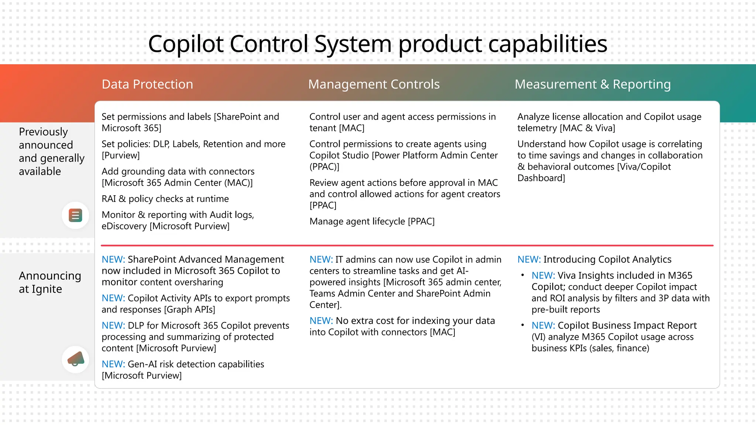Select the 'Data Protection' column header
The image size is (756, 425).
click(x=147, y=84)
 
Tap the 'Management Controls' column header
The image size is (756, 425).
click(x=374, y=84)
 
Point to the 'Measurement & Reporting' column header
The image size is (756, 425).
click(x=592, y=84)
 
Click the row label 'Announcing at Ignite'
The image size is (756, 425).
click(x=50, y=282)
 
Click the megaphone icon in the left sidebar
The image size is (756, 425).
click(x=75, y=359)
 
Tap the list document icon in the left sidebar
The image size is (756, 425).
click(x=75, y=215)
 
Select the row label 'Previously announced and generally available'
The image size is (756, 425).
click(x=51, y=151)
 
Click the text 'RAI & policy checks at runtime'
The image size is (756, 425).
click(x=165, y=199)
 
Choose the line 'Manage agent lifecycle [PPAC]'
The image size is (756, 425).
click(x=372, y=221)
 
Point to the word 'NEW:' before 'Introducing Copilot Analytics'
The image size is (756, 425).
click(x=529, y=259)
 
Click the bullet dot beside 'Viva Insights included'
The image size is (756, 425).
click(x=522, y=275)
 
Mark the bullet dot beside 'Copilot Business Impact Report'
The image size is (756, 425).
click(x=522, y=325)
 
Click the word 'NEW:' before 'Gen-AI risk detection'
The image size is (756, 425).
click(x=113, y=364)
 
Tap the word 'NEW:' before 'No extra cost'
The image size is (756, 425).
click(x=321, y=321)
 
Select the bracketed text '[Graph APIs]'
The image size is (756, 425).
click(x=189, y=310)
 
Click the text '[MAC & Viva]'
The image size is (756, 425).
click(x=587, y=128)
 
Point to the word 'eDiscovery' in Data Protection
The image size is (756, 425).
click(x=124, y=226)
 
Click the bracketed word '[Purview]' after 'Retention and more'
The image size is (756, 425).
click(x=120, y=155)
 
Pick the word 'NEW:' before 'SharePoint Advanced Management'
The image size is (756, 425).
click(x=113, y=259)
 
